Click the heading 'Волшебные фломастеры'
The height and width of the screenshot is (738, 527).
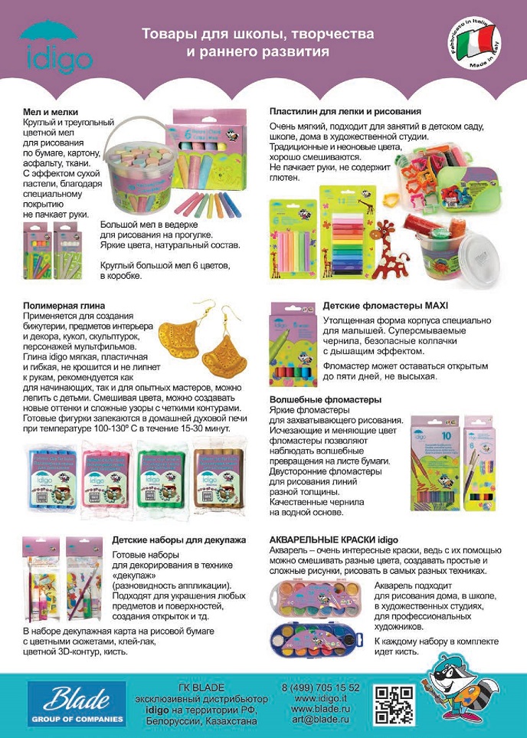pos(326,399)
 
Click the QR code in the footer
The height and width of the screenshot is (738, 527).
pos(394,704)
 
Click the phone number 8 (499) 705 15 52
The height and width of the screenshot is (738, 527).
pos(321,688)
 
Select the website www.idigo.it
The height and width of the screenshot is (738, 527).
pos(321,699)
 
